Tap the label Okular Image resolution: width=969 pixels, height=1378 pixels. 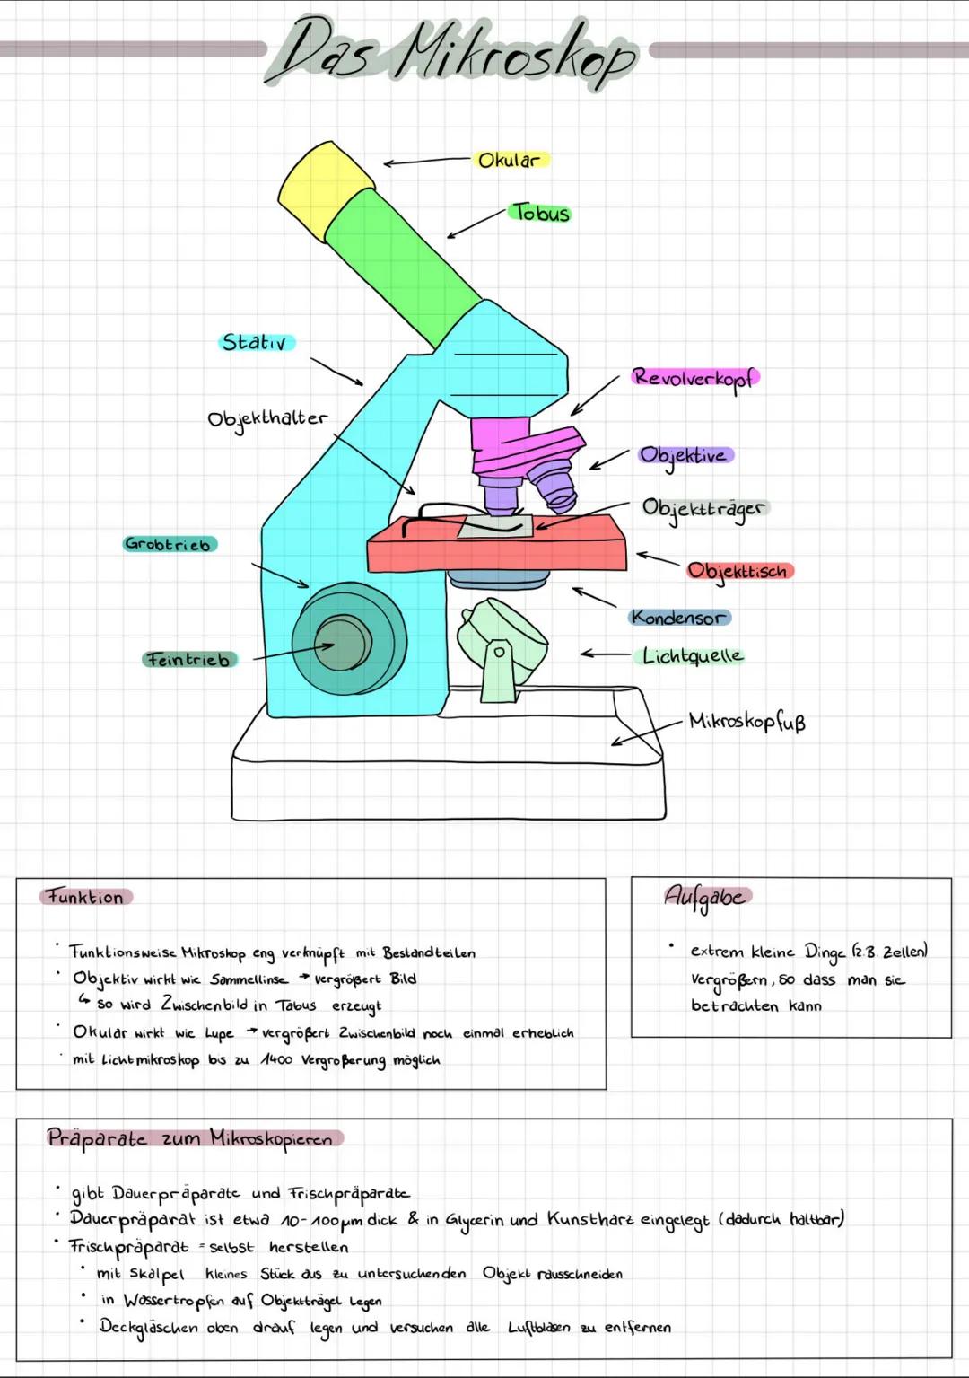(x=509, y=161)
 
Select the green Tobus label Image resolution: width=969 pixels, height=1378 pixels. (x=540, y=214)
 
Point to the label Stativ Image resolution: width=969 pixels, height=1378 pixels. (x=255, y=342)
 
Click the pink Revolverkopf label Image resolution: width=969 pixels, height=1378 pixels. (x=693, y=377)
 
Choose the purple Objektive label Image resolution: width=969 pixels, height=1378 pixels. (x=685, y=456)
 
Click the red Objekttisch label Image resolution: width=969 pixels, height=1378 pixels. (x=738, y=571)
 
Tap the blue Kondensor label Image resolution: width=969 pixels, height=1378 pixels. (x=678, y=618)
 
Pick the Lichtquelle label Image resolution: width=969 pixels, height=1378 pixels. (x=693, y=656)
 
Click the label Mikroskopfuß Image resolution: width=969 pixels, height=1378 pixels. (x=746, y=722)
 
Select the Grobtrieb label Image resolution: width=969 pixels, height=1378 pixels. (x=169, y=544)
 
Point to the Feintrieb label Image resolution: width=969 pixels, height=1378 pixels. (x=188, y=660)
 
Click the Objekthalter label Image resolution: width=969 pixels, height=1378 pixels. (x=267, y=418)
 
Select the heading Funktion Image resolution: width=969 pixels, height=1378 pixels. (x=86, y=897)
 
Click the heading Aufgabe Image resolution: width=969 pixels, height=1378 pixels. (x=705, y=896)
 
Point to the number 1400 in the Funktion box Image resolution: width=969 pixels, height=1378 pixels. (x=278, y=1060)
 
